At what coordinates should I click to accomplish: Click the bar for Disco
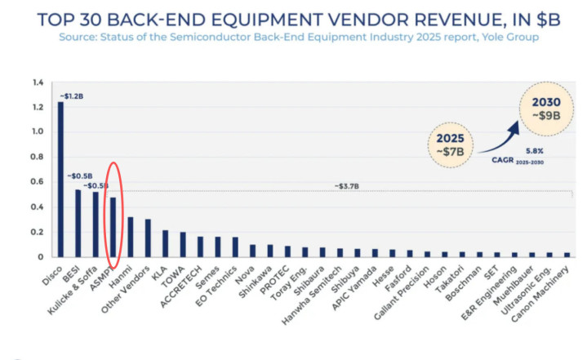[60, 180]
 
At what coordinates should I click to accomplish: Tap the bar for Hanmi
[131, 237]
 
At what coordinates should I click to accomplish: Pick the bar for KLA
[166, 243]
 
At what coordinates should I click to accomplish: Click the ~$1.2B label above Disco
[70, 96]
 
